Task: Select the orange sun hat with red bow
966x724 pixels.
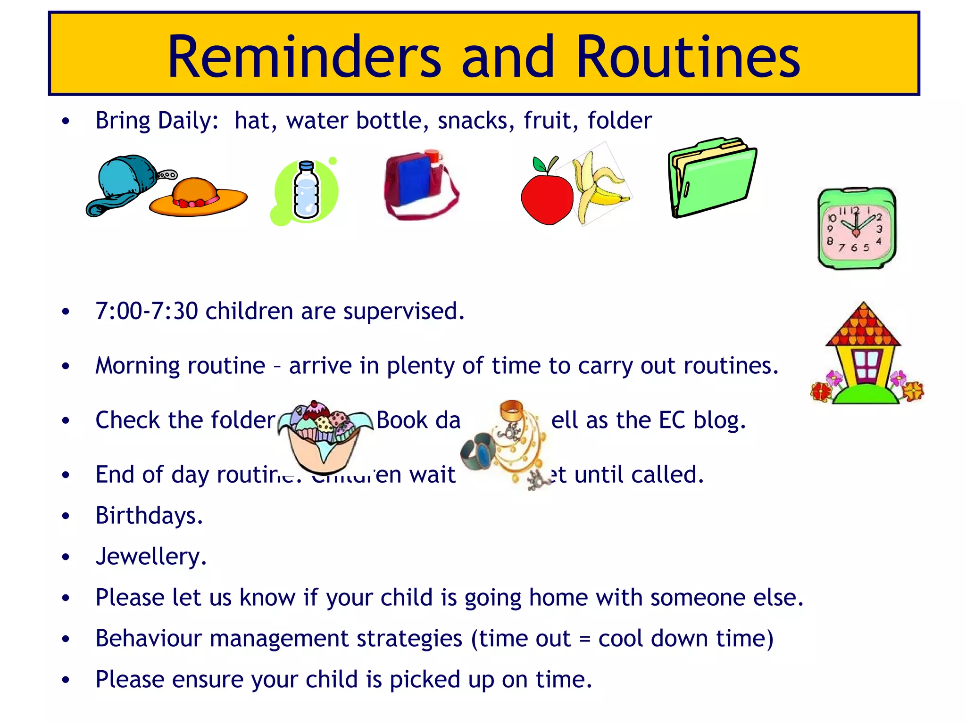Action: click(197, 198)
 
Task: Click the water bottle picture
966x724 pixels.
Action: click(306, 191)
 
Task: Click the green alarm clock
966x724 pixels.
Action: click(856, 229)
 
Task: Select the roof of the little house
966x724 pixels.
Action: click(863, 328)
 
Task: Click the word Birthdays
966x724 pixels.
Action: click(149, 516)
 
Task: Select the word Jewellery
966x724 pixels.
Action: click(150, 557)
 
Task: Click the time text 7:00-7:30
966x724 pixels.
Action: click(146, 311)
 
